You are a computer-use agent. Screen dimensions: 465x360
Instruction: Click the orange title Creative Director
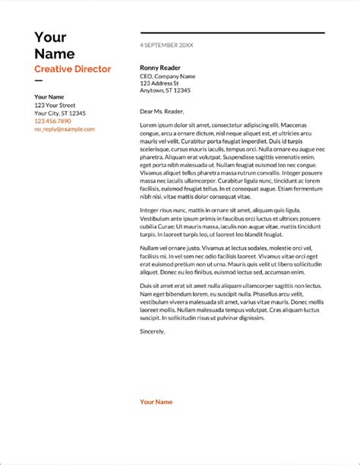click(x=72, y=69)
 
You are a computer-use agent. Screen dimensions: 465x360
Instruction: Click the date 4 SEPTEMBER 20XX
click(x=166, y=46)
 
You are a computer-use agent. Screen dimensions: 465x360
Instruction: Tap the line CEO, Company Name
click(x=167, y=76)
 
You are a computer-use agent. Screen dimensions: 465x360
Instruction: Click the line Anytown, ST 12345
click(x=165, y=90)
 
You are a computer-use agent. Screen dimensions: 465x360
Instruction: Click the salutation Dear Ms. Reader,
click(x=163, y=111)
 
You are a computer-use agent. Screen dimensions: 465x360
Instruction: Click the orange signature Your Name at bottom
click(x=156, y=402)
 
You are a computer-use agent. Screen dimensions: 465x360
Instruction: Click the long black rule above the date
click(x=232, y=33)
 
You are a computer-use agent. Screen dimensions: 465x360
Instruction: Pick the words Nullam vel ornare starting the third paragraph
click(x=164, y=248)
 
